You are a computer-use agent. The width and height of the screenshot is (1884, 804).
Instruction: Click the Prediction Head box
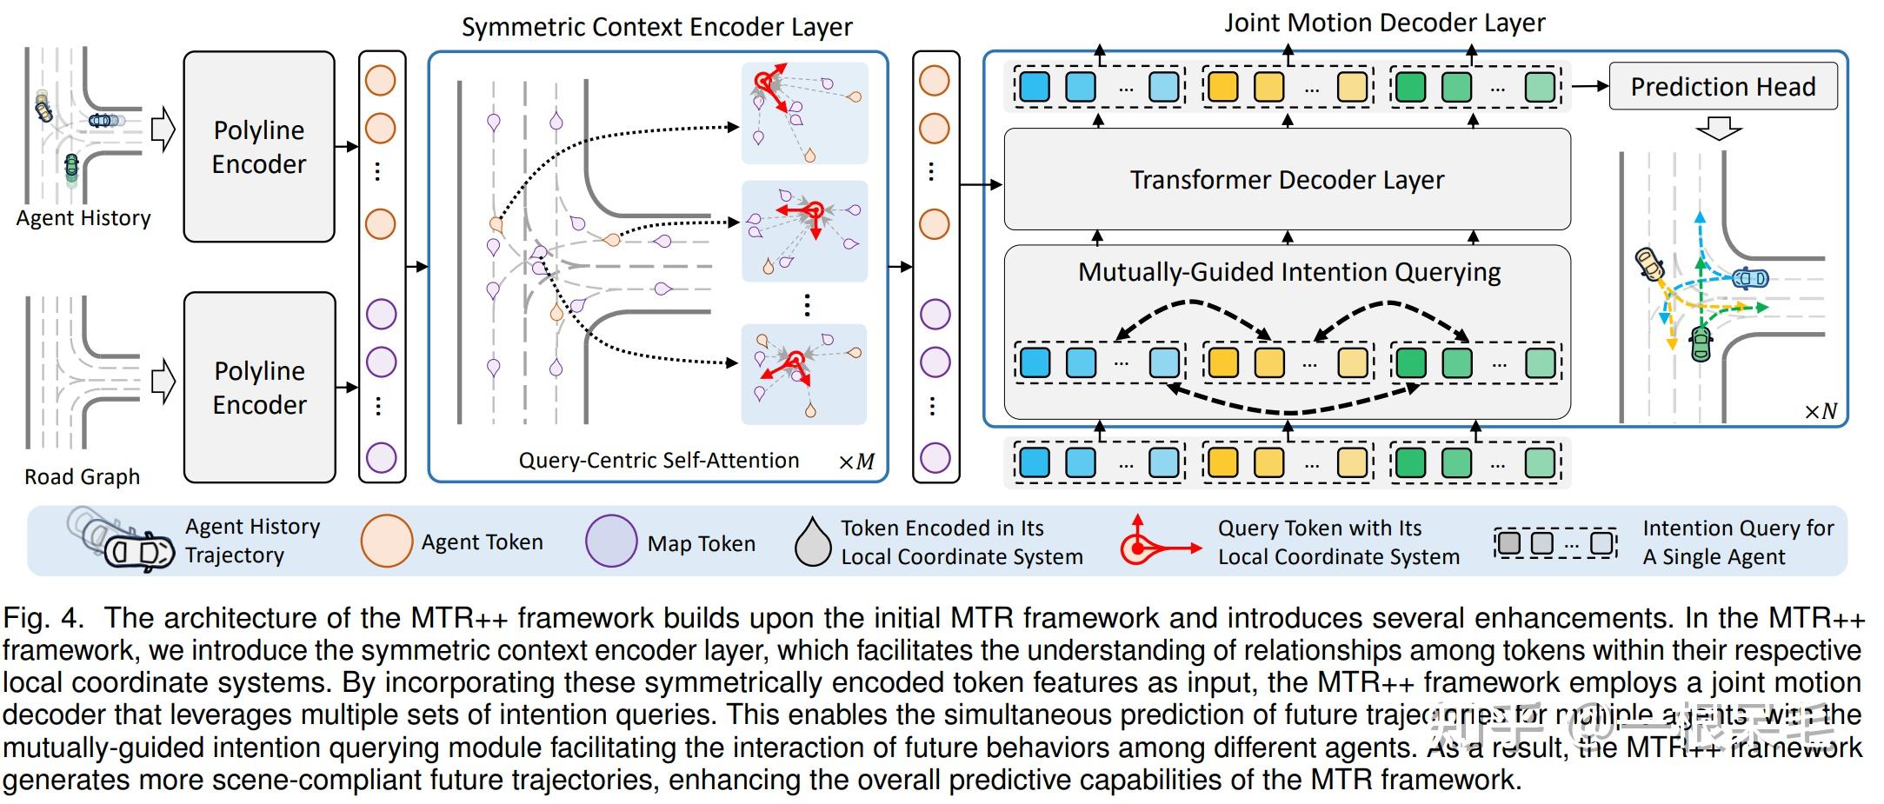coord(1722,86)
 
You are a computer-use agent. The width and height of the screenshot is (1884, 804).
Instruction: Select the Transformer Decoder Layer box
coord(1287,180)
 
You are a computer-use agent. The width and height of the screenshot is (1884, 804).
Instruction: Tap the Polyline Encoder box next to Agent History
coord(259,146)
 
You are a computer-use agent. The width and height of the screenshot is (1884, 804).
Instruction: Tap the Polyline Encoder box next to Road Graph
coord(259,387)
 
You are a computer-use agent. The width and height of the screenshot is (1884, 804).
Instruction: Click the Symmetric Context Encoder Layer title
coord(656,27)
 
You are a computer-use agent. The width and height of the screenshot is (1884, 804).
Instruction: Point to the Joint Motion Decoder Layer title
coord(1384,23)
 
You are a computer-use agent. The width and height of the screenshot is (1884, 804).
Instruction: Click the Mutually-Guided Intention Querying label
coord(1288,272)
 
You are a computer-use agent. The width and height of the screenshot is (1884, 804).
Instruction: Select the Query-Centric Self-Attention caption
coord(658,460)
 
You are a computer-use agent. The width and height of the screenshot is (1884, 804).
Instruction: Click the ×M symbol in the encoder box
coord(855,462)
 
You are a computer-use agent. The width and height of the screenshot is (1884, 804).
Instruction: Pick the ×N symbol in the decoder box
coord(1821,411)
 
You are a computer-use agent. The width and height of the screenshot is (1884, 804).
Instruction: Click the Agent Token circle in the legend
coord(386,541)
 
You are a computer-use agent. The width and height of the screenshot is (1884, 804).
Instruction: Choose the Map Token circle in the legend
coord(611,541)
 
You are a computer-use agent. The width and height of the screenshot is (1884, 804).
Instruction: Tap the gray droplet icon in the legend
coord(813,542)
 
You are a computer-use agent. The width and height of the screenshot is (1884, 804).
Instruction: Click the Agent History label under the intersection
coord(83,218)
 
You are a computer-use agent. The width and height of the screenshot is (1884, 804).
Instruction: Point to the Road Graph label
coord(82,476)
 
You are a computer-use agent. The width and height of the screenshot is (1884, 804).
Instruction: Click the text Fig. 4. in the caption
coord(43,618)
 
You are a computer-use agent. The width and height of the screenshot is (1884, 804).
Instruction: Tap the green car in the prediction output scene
coord(1701,343)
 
